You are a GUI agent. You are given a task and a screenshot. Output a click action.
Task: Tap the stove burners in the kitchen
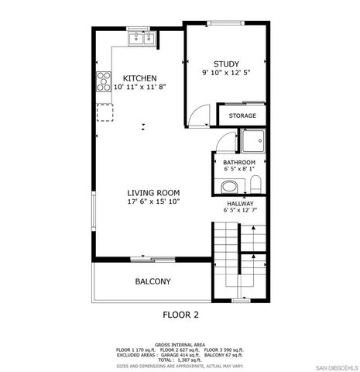[102, 81]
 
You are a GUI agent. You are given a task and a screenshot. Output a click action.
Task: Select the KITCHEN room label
[140, 78]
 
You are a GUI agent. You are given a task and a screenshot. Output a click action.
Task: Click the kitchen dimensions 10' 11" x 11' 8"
[140, 88]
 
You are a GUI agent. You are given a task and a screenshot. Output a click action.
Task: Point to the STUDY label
[226, 64]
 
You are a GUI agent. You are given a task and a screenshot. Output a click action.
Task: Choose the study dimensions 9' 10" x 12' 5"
[226, 74]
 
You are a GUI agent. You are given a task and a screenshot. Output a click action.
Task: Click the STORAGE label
[242, 115]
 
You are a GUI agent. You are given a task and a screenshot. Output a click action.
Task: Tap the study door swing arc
[200, 116]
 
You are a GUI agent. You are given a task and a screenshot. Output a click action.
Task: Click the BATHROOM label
[239, 161]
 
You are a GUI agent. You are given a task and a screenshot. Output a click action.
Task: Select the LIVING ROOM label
[154, 192]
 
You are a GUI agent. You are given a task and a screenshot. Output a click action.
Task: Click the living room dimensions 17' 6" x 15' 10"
[154, 202]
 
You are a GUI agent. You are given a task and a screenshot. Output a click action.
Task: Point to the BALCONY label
[153, 281]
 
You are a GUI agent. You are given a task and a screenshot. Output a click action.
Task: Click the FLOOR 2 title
[180, 315]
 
